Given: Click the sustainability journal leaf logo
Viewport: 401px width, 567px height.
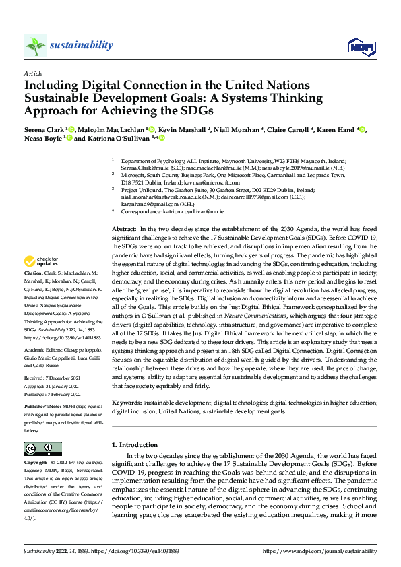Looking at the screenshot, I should [35, 45].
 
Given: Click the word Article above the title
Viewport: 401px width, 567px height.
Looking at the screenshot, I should [32, 74].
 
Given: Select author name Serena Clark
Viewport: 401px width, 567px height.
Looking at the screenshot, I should [44, 129].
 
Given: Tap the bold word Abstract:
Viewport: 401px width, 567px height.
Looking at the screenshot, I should [125, 229].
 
